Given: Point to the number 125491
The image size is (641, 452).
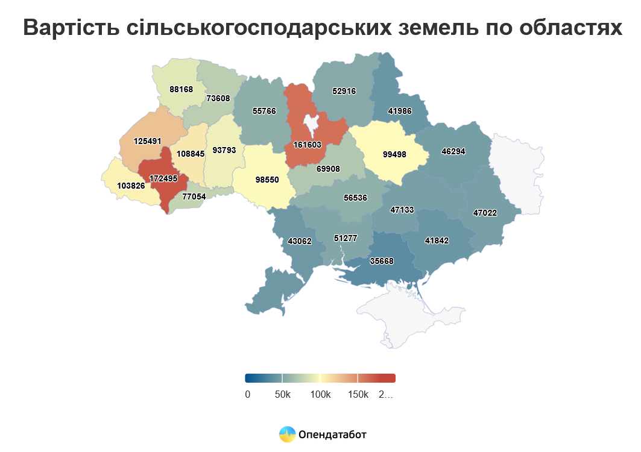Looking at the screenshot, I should pyautogui.click(x=147, y=141).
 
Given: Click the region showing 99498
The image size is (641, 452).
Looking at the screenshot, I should pyautogui.click(x=394, y=154).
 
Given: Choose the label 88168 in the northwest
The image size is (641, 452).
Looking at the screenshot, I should pyautogui.click(x=181, y=89).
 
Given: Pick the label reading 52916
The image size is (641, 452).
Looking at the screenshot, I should pyautogui.click(x=344, y=92).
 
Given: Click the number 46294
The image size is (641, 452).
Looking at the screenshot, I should pyautogui.click(x=453, y=152).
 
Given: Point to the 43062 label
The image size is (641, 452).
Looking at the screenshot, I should pyautogui.click(x=300, y=241).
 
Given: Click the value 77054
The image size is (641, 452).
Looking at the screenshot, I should pyautogui.click(x=194, y=196).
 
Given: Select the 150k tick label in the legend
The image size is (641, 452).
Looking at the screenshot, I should pyautogui.click(x=358, y=395).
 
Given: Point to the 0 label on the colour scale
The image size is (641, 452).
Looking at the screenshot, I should pyautogui.click(x=247, y=395).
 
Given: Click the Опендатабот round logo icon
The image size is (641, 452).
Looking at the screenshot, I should pyautogui.click(x=287, y=434).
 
